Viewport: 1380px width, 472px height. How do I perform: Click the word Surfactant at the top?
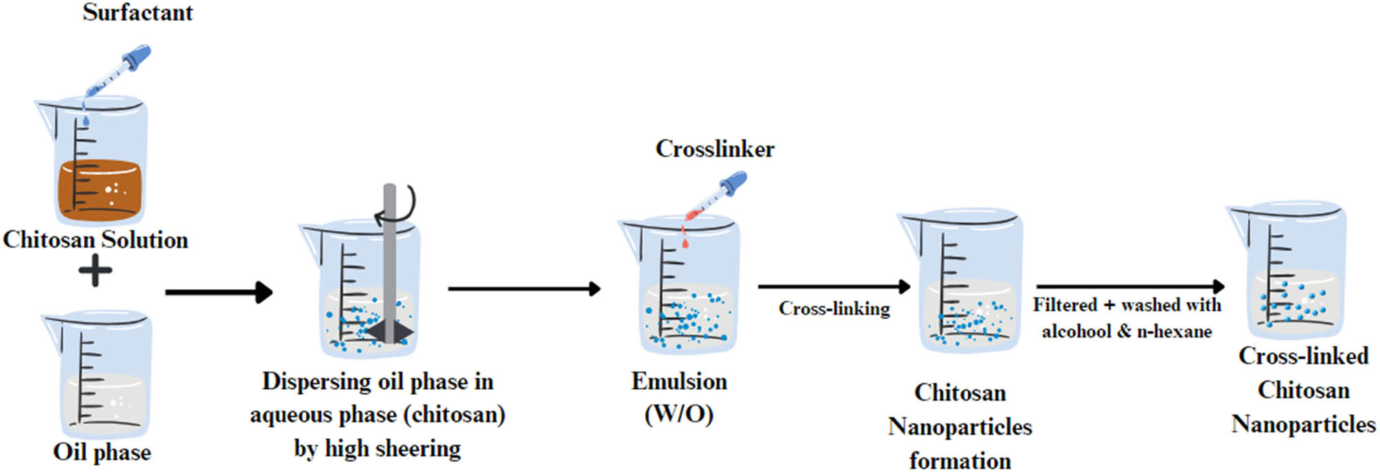[137, 12]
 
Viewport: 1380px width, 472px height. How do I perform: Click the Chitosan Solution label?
[95, 239]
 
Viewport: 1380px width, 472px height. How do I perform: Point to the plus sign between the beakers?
[95, 271]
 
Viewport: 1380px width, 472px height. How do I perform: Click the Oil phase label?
[101, 452]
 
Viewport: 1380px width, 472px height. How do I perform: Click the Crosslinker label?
[714, 148]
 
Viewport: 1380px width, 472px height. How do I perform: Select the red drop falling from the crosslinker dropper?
[684, 242]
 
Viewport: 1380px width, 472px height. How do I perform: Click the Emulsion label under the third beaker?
[679, 381]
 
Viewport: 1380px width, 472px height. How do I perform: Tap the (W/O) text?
[679, 413]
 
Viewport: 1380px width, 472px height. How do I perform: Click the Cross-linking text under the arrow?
[834, 308]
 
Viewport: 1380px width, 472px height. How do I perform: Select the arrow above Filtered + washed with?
[1129, 286]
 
